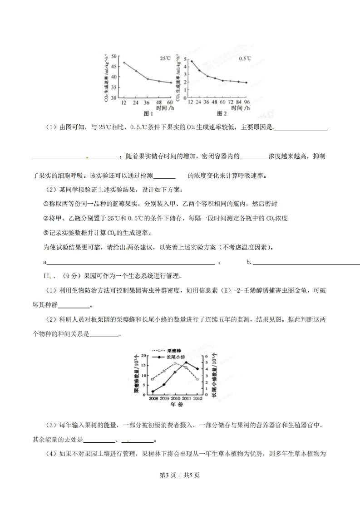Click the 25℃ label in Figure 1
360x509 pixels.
coord(164,58)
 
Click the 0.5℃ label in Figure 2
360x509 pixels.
coord(245,58)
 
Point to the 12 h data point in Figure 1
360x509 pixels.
coord(123,62)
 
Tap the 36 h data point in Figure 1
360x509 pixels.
coord(147,79)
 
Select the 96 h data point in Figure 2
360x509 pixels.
coord(246,83)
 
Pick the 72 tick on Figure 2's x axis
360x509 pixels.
coord(231,103)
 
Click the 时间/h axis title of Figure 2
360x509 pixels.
coord(240,108)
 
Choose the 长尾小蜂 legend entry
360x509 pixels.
coord(175,357)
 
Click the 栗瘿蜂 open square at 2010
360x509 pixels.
coord(175,363)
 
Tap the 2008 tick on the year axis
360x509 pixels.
coord(153,398)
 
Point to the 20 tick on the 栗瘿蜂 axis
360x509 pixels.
coord(144,356)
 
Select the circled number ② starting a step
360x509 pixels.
coord(45,218)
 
